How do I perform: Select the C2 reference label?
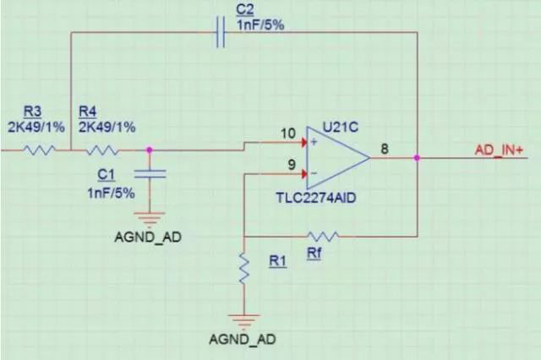[x=243, y=8]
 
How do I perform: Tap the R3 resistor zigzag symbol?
[x=40, y=150]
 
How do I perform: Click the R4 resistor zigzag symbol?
[x=101, y=150]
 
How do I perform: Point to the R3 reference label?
[x=32, y=112]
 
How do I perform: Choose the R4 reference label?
[x=87, y=112]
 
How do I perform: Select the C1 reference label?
[x=106, y=174]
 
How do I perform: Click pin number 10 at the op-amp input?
[x=288, y=134]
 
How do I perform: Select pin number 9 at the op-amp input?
[x=292, y=165]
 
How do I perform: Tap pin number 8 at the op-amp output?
[x=385, y=149]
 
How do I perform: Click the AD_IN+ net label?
[x=499, y=149]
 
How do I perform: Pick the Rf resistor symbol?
[x=323, y=236]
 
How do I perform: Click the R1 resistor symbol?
[x=243, y=270]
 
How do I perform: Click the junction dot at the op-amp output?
[x=418, y=157]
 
